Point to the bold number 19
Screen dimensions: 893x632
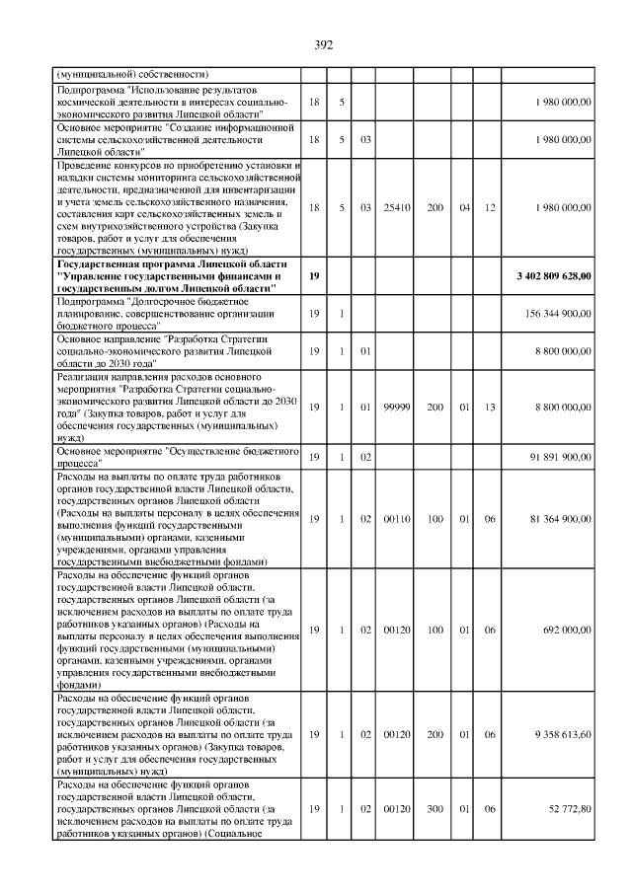pos(314,277)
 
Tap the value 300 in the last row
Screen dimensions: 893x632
pos(434,809)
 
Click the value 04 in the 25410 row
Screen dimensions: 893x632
pos(464,207)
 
